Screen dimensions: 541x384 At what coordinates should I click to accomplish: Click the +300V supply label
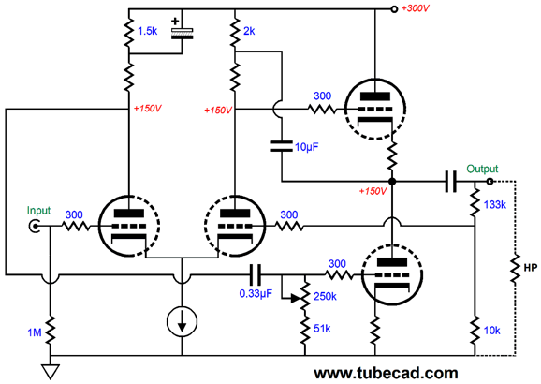point(416,8)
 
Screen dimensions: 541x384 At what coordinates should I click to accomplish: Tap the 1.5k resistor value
point(147,32)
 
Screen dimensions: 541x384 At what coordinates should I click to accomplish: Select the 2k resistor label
point(249,32)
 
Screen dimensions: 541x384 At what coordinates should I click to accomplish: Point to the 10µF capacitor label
point(307,147)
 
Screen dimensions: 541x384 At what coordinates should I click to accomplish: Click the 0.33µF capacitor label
point(256,294)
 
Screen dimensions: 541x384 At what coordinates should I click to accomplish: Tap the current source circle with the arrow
point(182,321)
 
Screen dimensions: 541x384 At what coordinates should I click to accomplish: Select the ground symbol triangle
point(51,371)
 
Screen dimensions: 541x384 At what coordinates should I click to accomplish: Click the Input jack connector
point(35,227)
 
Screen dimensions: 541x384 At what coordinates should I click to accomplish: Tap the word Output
point(482,169)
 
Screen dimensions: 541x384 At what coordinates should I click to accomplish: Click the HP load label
point(531,268)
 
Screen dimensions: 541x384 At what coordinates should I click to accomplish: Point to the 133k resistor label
point(495,205)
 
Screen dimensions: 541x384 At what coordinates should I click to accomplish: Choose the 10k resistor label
point(491,331)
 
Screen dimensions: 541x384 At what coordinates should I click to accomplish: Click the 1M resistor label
point(35,332)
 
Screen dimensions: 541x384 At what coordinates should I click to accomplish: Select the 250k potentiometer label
point(325,296)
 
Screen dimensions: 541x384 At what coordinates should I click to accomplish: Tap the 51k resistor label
point(322,329)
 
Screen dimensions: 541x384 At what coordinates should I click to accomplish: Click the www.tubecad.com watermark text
point(386,374)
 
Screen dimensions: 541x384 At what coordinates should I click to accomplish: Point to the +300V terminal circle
point(394,9)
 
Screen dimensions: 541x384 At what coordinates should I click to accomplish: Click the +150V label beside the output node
point(373,191)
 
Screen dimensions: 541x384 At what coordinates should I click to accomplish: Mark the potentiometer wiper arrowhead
point(296,299)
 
